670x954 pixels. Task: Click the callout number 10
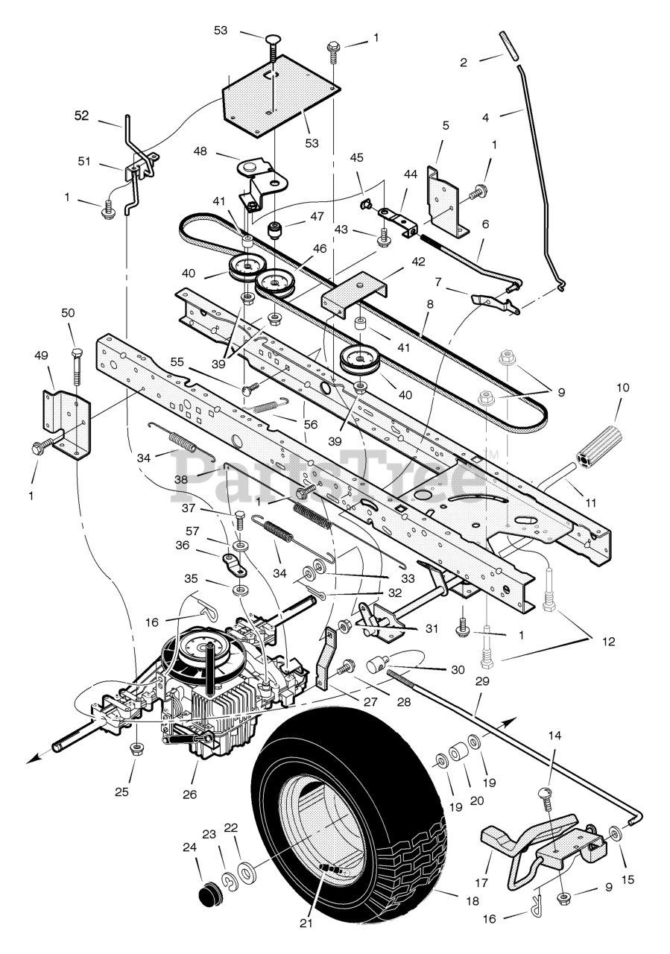[622, 388]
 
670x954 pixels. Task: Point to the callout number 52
[81, 116]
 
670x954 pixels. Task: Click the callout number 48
[200, 151]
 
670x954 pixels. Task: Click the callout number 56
[312, 424]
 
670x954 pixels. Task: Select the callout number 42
[418, 262]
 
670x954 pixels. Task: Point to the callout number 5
[446, 125]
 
